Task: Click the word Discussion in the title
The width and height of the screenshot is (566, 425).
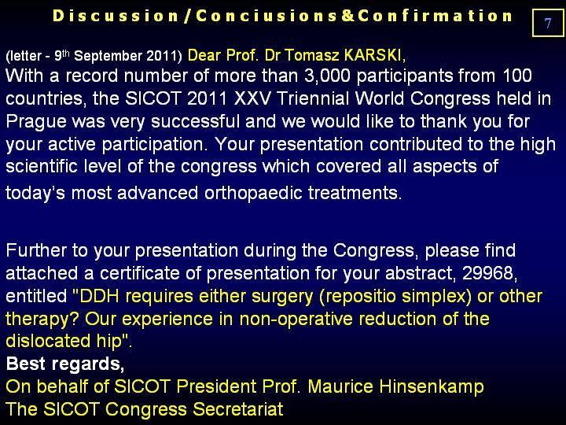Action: pyautogui.click(x=116, y=17)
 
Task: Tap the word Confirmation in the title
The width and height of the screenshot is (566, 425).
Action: pyautogui.click(x=435, y=17)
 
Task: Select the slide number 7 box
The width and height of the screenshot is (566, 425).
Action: pyautogui.click(x=548, y=23)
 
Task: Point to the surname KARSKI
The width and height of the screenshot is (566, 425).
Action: pyautogui.click(x=373, y=55)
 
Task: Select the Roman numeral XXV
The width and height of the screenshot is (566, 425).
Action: pyautogui.click(x=252, y=98)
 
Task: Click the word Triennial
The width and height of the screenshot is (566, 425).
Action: pyautogui.click(x=313, y=98)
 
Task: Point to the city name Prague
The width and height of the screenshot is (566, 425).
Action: pyautogui.click(x=36, y=123)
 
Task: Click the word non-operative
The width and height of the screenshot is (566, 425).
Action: pyautogui.click(x=296, y=320)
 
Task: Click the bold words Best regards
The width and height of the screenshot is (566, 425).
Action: pyautogui.click(x=65, y=364)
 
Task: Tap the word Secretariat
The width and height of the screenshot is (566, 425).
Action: pyautogui.click(x=238, y=409)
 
